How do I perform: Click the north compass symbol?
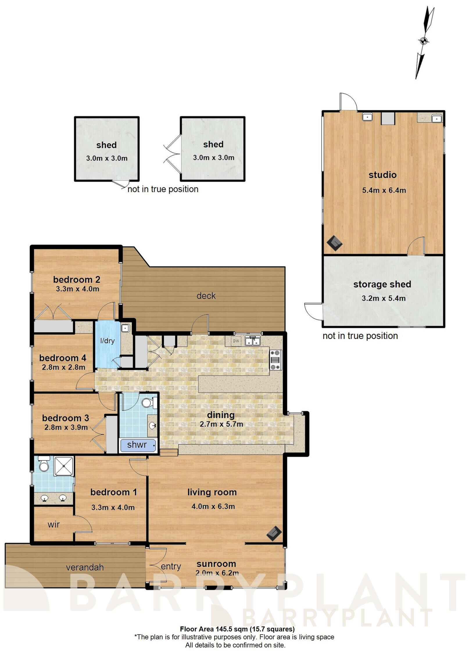424,41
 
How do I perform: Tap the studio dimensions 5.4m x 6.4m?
384,191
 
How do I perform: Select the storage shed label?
382,284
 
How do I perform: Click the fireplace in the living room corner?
274,533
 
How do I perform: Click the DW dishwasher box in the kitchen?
236,341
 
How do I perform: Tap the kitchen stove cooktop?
275,360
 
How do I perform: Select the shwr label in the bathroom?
137,444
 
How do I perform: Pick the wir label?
54,524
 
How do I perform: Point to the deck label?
206,296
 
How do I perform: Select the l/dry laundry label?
107,341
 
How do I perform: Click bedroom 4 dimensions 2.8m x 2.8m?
63,367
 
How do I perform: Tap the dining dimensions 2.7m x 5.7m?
221,424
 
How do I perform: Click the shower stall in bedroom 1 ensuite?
64,466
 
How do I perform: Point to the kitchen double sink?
252,341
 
